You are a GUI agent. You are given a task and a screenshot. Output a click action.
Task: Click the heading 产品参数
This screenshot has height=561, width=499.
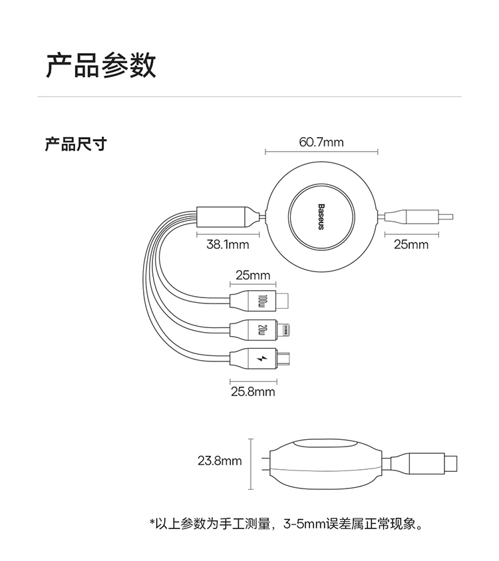(x=100, y=66)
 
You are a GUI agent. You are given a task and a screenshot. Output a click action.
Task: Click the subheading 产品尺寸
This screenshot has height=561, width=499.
(x=75, y=144)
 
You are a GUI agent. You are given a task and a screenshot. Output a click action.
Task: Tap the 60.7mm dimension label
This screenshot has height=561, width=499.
(x=321, y=142)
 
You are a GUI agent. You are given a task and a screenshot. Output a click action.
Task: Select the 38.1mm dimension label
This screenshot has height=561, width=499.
(x=228, y=245)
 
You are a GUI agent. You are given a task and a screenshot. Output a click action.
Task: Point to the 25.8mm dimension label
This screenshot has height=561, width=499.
(x=253, y=391)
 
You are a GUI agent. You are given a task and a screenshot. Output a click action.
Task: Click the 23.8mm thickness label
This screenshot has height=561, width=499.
(x=220, y=460)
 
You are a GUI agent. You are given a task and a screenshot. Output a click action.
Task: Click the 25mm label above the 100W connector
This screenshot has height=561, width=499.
(x=253, y=275)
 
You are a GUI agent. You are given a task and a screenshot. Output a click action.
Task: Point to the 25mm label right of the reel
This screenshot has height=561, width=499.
(x=411, y=245)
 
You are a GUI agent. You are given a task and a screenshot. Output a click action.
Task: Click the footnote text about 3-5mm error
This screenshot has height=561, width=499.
(x=286, y=524)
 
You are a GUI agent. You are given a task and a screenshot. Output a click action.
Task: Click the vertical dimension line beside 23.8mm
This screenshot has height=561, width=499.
(x=251, y=463)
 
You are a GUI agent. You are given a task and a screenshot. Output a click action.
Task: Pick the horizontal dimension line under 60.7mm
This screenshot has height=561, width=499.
(x=321, y=152)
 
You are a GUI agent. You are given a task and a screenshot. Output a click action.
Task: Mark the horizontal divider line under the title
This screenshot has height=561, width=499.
(x=249, y=96)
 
